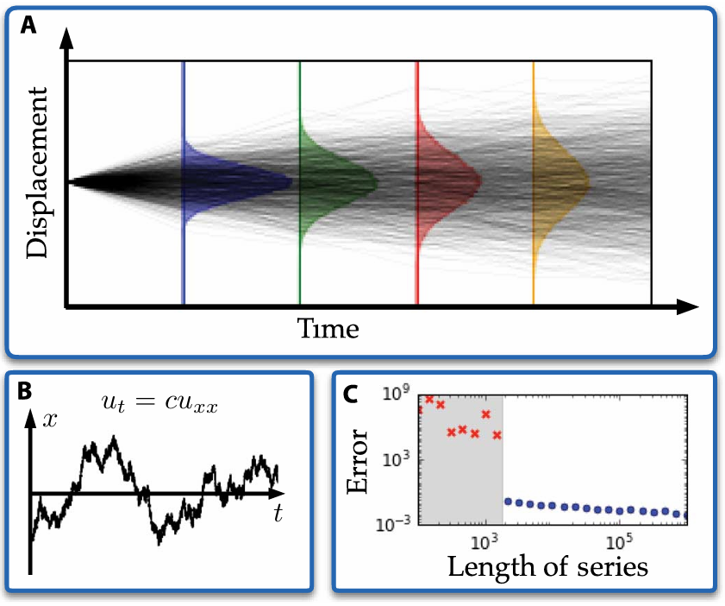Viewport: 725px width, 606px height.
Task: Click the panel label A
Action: [x=29, y=25]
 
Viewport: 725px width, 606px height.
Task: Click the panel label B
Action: [x=26, y=390]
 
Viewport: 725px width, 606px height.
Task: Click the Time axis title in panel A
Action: [x=328, y=328]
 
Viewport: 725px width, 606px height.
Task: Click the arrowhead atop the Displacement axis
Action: [x=66, y=36]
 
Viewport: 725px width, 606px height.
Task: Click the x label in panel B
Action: [x=52, y=420]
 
